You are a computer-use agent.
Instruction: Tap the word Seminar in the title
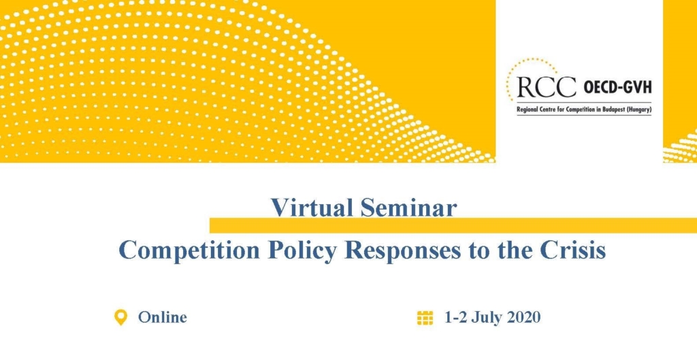tap(408, 207)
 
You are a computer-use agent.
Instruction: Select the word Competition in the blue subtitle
tap(189, 250)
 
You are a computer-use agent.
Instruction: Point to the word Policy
tap(302, 250)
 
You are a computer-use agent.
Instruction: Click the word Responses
tap(402, 250)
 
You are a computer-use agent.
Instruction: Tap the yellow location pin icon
tap(120, 318)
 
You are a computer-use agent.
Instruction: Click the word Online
tap(162, 317)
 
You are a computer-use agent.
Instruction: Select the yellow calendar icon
tap(425, 318)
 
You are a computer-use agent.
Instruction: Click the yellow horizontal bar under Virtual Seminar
tap(453, 225)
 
